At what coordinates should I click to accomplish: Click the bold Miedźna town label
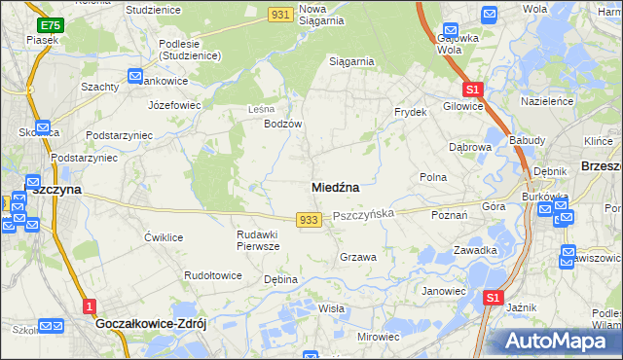336,186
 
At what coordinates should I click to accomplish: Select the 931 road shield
281,13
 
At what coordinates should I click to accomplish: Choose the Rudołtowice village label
213,275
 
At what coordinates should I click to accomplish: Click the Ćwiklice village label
164,237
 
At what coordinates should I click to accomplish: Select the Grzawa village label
357,257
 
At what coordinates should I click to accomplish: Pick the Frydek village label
411,112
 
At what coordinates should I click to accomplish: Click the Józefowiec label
173,103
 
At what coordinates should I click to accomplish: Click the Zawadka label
476,250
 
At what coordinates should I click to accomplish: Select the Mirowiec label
379,336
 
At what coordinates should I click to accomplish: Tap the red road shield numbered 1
90,306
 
